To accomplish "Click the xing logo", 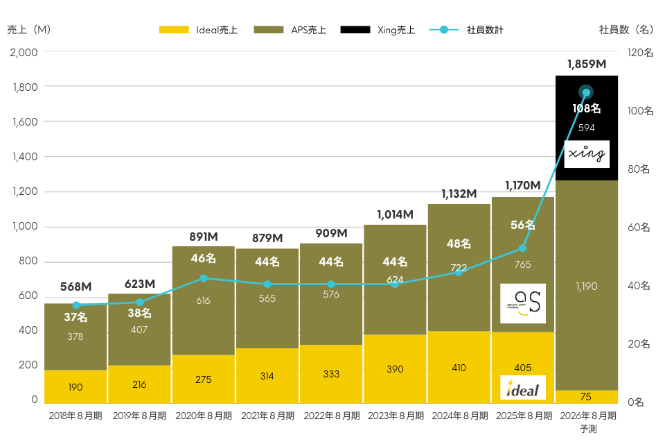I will pos(587,154).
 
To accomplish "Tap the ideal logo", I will pos(523,387).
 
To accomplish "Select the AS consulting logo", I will pos(523,303).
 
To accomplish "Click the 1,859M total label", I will pos(587,65).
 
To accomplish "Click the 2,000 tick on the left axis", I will pos(25,52).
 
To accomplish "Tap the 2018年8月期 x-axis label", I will pos(76,416).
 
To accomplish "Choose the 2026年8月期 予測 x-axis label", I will pos(587,422).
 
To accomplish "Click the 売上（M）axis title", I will pos(28,30).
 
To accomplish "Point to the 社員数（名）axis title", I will pos(626,30).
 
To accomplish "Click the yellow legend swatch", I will pos(174,30).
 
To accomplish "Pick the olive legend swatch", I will pos(269,30).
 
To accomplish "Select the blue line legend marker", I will pos(444,30).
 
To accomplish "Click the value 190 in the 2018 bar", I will pos(76,387).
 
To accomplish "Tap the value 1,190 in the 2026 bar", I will pos(587,286).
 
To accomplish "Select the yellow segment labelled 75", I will pos(587,397).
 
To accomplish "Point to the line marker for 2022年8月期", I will pos(331,284).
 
